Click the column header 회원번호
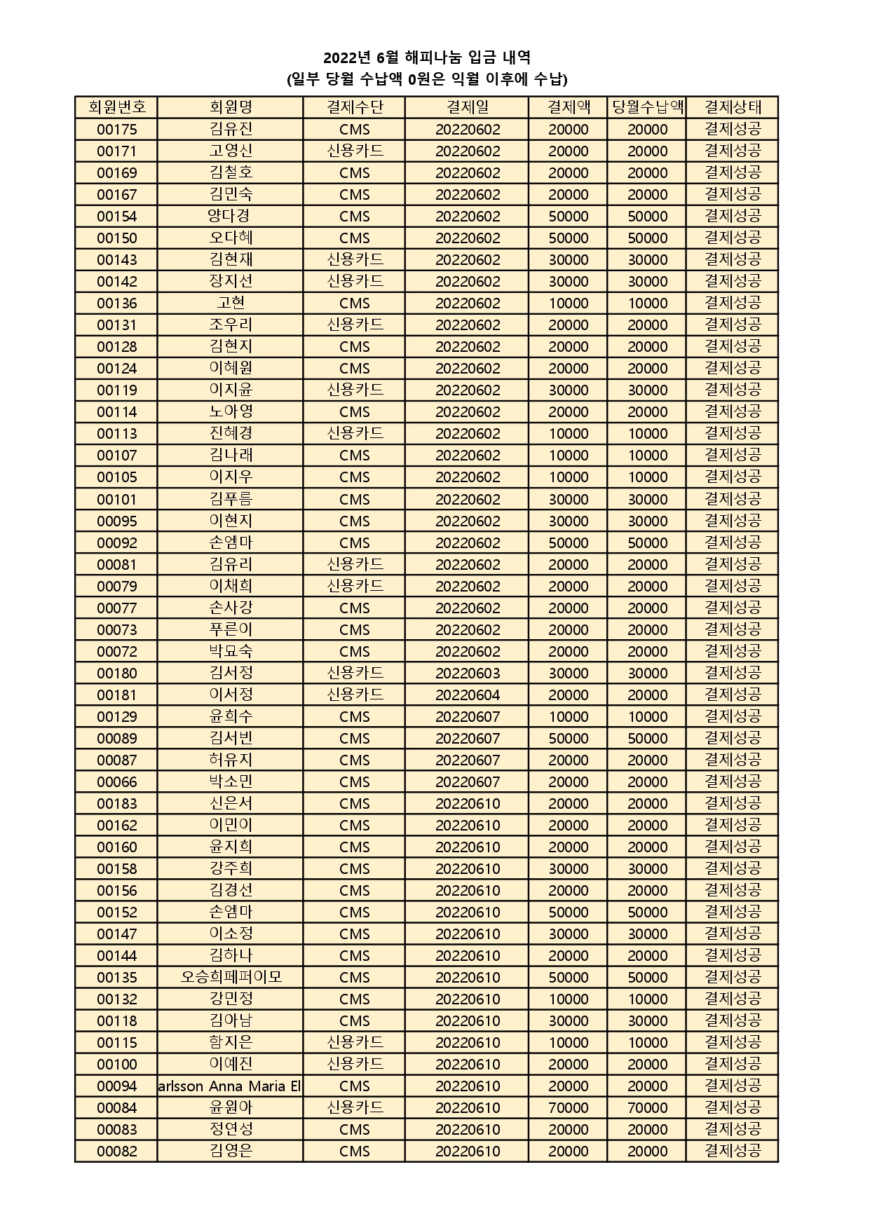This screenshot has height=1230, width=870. pyautogui.click(x=117, y=107)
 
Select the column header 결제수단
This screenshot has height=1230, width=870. pyautogui.click(x=355, y=107)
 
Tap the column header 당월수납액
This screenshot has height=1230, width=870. pyautogui.click(x=647, y=107)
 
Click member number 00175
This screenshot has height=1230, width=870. pyautogui.click(x=117, y=130)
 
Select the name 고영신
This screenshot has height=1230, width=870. pyautogui.click(x=231, y=151)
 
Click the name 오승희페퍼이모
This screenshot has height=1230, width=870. pyautogui.click(x=231, y=977)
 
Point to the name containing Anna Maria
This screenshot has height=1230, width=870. pyautogui.click(x=231, y=1086)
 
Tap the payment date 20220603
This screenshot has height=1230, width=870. pyautogui.click(x=468, y=674)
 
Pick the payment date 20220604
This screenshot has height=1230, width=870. pyautogui.click(x=468, y=695)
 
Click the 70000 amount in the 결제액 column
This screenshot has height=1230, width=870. pyautogui.click(x=569, y=1107)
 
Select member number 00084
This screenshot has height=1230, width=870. pyautogui.click(x=117, y=1107)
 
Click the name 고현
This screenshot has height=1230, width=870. pyautogui.click(x=231, y=303)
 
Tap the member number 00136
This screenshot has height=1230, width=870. pyautogui.click(x=117, y=303)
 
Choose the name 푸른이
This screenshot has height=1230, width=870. pyautogui.click(x=231, y=629)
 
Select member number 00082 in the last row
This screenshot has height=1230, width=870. pyautogui.click(x=117, y=1151)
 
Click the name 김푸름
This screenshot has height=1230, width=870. pyautogui.click(x=231, y=499)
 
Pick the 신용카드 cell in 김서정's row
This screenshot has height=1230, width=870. pyautogui.click(x=355, y=674)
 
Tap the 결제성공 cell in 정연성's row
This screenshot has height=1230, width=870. pyautogui.click(x=733, y=1129)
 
